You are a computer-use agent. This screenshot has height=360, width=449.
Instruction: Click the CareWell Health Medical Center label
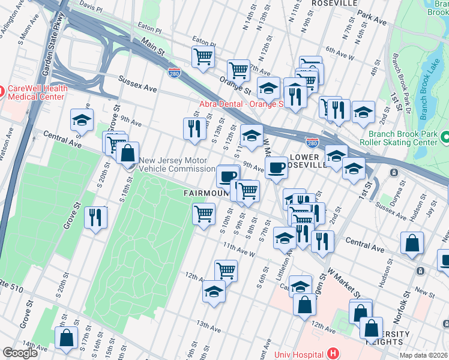coord(37,92)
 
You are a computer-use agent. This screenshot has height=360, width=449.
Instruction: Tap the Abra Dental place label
coord(240,104)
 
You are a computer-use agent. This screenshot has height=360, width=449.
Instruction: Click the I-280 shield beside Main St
coord(174,73)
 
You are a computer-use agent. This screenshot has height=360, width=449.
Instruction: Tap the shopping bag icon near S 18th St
coord(128,153)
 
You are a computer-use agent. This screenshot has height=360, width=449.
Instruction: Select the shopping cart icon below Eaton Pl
coord(203,56)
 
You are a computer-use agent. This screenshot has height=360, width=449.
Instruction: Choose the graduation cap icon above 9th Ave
coord(82,119)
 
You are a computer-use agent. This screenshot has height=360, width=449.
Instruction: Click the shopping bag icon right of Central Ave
coord(412,244)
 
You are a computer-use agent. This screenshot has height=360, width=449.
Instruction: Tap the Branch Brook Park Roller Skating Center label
coord(398,139)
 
